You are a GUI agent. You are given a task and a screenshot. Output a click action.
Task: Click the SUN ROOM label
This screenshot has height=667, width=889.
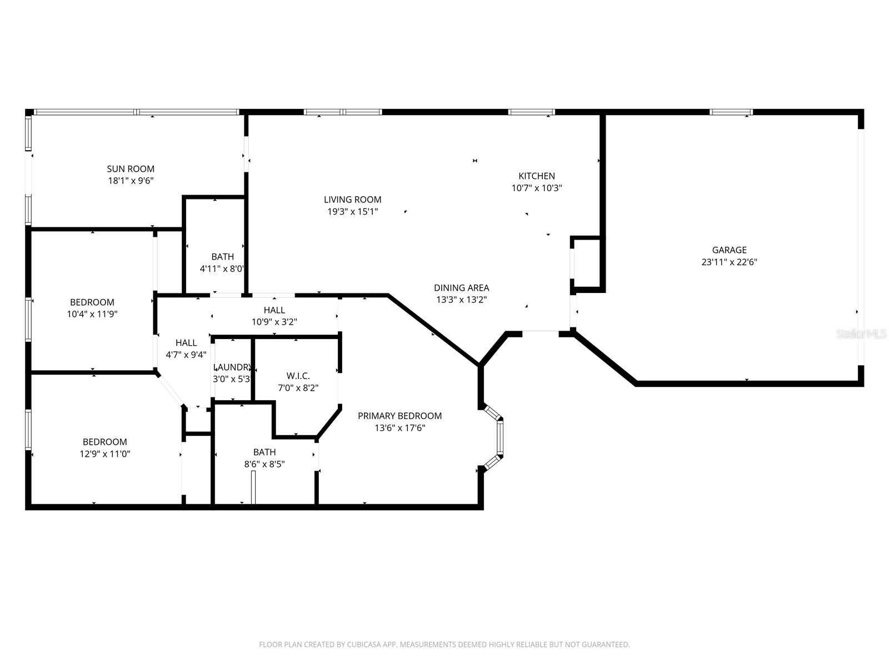[131, 168]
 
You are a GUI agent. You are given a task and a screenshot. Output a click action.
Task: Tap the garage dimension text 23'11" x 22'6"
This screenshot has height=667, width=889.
[729, 262]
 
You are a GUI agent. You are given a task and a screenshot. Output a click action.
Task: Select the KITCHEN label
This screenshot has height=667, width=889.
[537, 176]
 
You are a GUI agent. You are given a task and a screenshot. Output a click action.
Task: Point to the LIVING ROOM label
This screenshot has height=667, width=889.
[352, 200]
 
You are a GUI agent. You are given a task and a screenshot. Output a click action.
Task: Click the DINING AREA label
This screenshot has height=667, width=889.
[461, 287]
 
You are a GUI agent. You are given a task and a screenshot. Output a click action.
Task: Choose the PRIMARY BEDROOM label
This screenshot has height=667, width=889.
[399, 416]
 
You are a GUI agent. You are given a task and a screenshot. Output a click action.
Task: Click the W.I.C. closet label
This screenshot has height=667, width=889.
[298, 376]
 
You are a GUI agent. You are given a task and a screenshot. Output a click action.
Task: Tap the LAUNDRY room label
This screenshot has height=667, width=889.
[233, 367]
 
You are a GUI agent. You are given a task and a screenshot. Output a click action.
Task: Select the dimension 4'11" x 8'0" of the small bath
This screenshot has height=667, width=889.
[222, 269]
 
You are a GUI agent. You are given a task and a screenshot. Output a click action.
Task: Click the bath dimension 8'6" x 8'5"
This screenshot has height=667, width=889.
[264, 464]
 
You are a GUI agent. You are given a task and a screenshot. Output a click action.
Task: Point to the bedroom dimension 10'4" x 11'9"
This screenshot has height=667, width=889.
[92, 314]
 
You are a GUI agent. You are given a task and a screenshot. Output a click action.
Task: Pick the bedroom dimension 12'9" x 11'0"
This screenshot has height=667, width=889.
[105, 454]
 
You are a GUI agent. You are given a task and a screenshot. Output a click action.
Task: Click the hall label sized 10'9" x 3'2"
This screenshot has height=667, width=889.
[274, 310]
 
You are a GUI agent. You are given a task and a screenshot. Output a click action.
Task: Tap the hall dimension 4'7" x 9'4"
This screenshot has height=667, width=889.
[186, 355]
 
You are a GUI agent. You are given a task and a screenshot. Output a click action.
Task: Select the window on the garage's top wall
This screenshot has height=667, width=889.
[731, 112]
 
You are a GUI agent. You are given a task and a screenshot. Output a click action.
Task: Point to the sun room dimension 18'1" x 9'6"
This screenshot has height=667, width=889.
[131, 181]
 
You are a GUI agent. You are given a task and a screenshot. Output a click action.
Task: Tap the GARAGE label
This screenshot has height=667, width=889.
[729, 250]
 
